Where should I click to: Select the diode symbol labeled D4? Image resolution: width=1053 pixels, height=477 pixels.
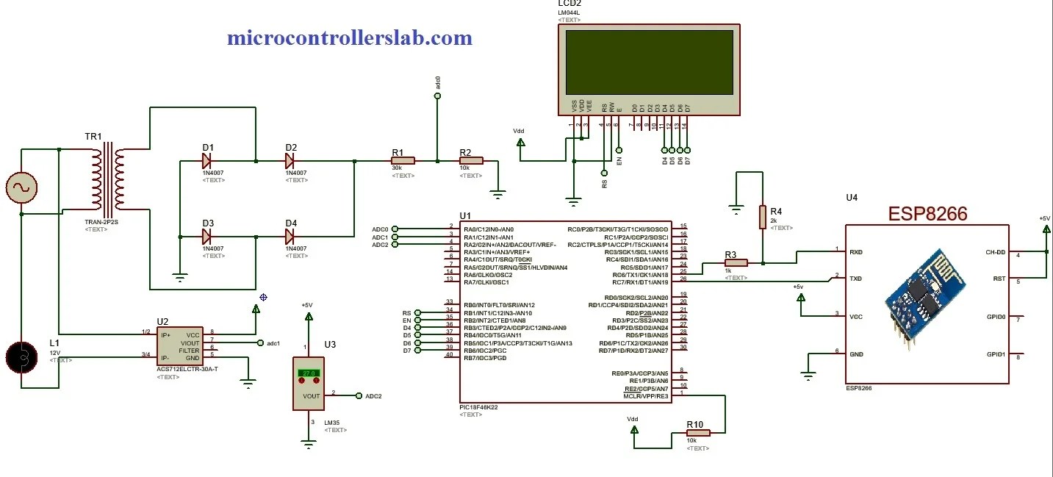[x=290, y=237]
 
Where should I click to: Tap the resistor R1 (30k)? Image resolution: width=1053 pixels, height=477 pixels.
[x=403, y=160]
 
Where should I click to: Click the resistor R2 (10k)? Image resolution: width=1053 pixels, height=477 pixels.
[x=470, y=160]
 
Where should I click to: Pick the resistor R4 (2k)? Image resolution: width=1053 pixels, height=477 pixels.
[x=763, y=216]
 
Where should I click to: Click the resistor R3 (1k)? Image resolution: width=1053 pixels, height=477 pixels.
[x=736, y=262]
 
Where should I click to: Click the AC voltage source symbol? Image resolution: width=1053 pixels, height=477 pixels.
[x=21, y=188]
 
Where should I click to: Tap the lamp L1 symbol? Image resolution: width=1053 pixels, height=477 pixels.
[x=21, y=357]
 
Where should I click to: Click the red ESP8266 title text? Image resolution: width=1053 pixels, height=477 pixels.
[x=927, y=214]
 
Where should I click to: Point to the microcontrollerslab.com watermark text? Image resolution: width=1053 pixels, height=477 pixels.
[x=349, y=37]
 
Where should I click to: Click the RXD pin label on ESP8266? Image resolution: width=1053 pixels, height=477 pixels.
[x=855, y=251]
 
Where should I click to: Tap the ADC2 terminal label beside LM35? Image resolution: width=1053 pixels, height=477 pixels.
[x=373, y=395]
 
